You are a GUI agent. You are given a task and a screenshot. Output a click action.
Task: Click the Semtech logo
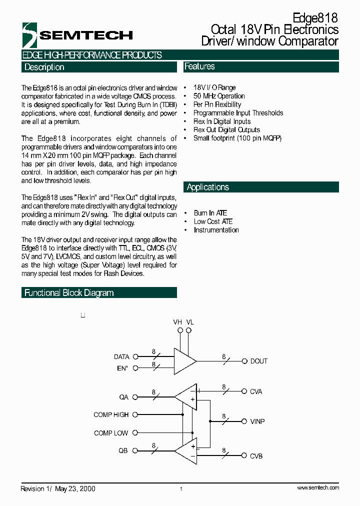click(77, 35)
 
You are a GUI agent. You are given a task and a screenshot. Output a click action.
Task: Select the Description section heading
click(44, 67)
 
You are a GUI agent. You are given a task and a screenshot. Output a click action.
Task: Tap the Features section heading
click(199, 66)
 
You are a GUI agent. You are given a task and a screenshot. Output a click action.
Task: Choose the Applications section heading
click(207, 187)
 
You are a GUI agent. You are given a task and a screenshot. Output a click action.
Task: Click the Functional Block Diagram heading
click(69, 293)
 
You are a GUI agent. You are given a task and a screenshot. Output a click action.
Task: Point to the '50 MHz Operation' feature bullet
click(219, 96)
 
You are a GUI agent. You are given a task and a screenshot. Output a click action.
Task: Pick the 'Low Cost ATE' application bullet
click(213, 221)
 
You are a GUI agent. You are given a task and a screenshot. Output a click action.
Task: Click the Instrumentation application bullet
click(216, 230)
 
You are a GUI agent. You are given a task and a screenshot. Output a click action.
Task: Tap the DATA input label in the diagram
click(121, 357)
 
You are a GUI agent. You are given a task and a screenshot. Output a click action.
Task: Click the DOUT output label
click(258, 361)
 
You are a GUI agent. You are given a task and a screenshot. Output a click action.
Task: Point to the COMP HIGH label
click(111, 415)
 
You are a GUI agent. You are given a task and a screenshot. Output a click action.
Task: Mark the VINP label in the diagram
click(257, 421)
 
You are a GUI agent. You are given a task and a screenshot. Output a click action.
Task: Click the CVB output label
click(256, 456)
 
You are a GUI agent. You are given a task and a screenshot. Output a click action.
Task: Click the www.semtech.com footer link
click(317, 488)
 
